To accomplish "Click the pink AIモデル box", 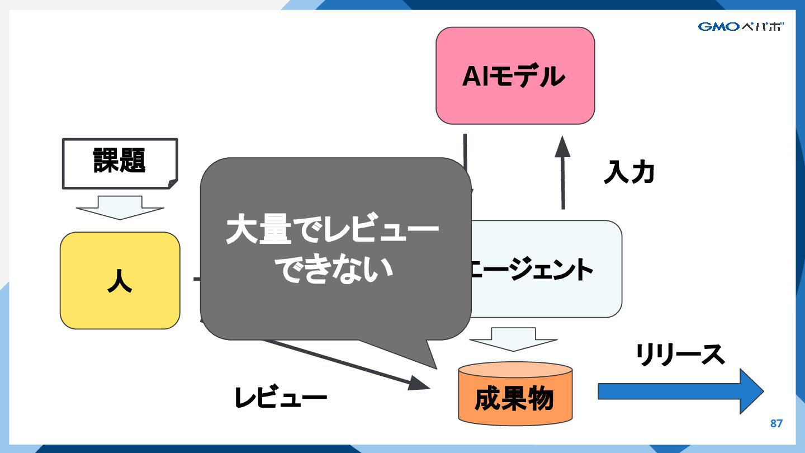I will tap(515, 75).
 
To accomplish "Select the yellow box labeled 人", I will tap(120, 280).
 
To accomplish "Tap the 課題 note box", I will tap(120, 163).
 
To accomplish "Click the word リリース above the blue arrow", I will tap(680, 355).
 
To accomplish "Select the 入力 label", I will tap(629, 173).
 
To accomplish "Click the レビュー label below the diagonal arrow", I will tap(281, 398).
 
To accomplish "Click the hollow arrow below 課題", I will tap(120, 207).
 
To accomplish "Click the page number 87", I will tap(776, 423).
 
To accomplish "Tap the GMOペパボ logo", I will tap(740, 26).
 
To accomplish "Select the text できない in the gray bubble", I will tap(336, 270).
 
